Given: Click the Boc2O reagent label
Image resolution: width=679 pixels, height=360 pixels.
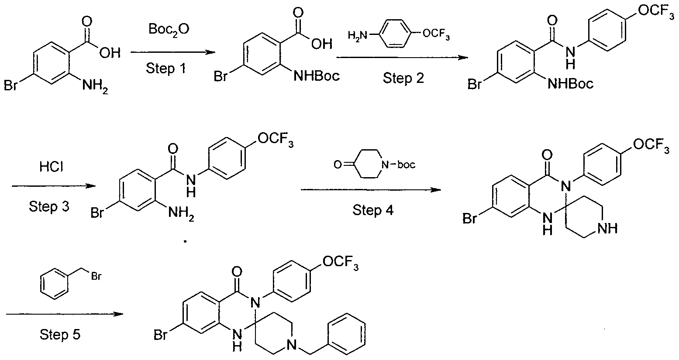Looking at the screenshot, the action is pos(169,30).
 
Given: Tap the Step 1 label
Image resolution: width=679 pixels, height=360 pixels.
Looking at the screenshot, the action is pos(165,68).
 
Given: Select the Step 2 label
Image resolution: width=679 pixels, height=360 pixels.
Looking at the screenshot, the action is pos(403,78).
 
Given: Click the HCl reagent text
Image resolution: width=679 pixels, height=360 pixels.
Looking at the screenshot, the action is pos(52,167).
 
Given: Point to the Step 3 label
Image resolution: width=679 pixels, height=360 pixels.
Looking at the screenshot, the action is pos(49,207).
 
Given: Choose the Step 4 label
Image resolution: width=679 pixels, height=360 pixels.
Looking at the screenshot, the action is pos(373,210).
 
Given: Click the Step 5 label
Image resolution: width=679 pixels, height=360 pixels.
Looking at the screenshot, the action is pos(60,335).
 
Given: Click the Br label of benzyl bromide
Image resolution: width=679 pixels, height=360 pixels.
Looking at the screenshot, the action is pos(96,276).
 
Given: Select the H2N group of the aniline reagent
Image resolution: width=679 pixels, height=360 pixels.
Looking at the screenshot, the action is pos(357,35).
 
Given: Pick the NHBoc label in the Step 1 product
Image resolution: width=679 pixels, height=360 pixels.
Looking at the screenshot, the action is pos(317,76).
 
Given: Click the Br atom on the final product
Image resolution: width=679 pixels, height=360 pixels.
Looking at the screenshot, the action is pos(160,335).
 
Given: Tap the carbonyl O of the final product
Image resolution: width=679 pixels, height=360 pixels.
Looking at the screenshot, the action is pos(236,271).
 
